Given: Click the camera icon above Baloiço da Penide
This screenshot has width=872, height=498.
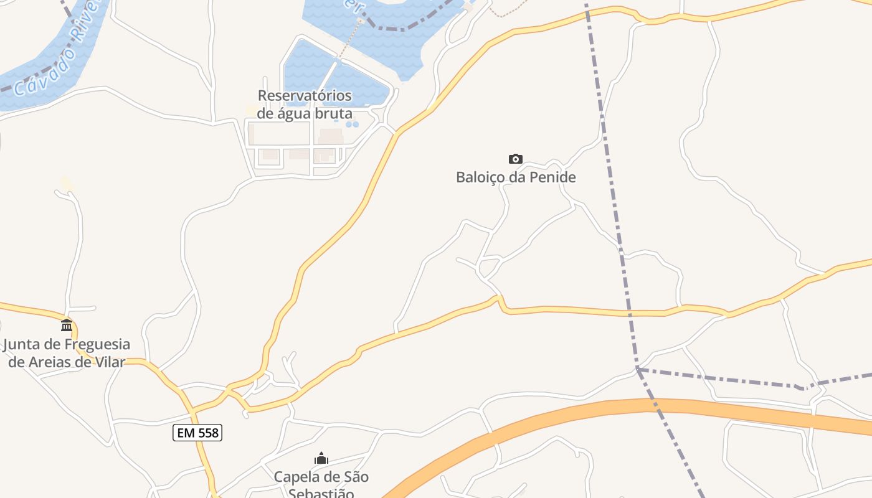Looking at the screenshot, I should [x=516, y=159].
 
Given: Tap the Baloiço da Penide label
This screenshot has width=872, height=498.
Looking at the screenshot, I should [x=516, y=177].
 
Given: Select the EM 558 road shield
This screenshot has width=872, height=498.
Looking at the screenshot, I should [x=197, y=433].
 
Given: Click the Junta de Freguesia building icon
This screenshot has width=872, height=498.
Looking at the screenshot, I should [x=67, y=325].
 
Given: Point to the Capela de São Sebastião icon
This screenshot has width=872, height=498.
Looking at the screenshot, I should [x=321, y=459].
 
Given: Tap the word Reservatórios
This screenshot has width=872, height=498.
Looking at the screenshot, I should [x=305, y=96].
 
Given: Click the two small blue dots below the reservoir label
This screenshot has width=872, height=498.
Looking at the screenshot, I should [x=353, y=125].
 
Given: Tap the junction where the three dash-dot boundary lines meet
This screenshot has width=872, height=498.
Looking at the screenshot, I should [x=637, y=369].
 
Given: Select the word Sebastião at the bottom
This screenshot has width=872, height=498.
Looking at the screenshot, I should [x=321, y=494].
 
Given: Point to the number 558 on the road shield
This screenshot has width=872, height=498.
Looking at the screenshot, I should [x=208, y=433].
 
